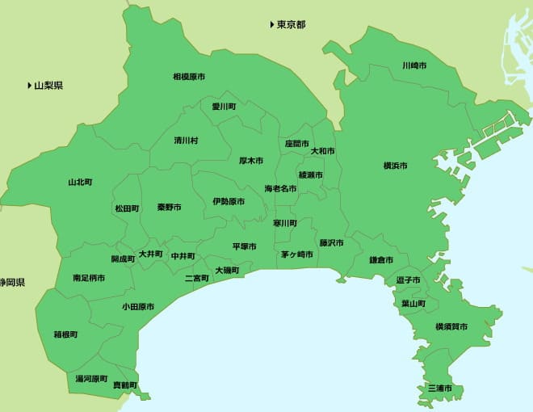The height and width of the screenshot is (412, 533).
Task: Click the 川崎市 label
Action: (x=415, y=65)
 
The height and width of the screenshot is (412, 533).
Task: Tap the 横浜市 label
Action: (x=395, y=166)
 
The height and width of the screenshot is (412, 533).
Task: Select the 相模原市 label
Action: (x=189, y=77)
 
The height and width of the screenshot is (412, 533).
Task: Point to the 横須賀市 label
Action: (x=451, y=326)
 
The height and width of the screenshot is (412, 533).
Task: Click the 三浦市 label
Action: (x=440, y=389)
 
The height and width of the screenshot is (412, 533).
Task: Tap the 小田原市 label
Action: (x=138, y=307)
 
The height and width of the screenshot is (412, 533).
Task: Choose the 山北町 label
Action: (x=80, y=182)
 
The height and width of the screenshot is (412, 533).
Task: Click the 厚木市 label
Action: (x=251, y=161)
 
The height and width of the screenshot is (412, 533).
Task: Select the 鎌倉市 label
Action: (x=381, y=260)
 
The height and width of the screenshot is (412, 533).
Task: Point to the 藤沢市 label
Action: (x=331, y=242)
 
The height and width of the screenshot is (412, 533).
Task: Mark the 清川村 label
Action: (x=186, y=140)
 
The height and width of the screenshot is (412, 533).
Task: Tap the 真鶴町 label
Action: (x=125, y=385)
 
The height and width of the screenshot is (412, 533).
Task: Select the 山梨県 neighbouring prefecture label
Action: (x=48, y=85)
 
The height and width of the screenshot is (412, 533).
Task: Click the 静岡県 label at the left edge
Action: (x=12, y=283)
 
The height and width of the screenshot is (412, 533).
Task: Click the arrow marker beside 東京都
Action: (x=272, y=24)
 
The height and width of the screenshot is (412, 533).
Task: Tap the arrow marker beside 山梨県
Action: (x=29, y=85)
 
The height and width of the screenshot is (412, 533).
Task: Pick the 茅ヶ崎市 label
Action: (x=297, y=254)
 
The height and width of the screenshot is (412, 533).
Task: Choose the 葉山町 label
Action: (x=413, y=304)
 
